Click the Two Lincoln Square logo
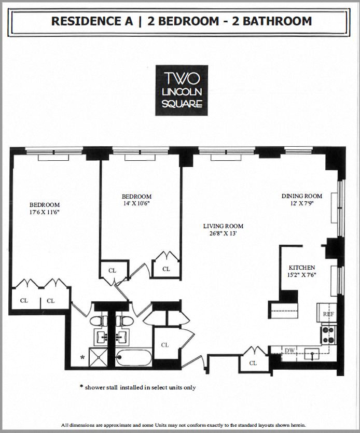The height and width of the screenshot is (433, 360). tap(182, 90)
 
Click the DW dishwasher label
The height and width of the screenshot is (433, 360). tap(289, 351)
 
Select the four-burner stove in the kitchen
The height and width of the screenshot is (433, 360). tap(328, 334)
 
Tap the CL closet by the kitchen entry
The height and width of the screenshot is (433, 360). tap(253, 363)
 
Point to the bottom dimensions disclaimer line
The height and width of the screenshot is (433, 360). tap(180, 425)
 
